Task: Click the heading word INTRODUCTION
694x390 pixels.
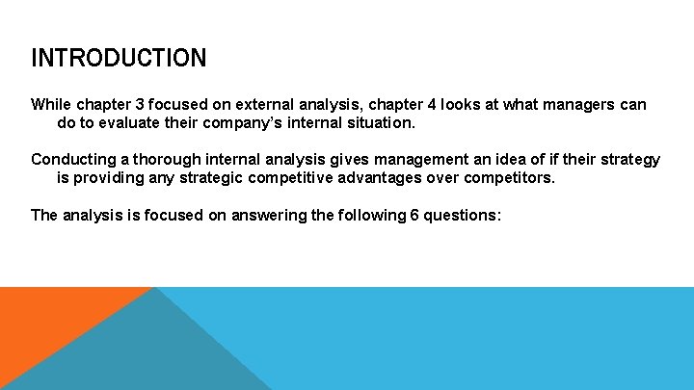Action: (119, 58)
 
